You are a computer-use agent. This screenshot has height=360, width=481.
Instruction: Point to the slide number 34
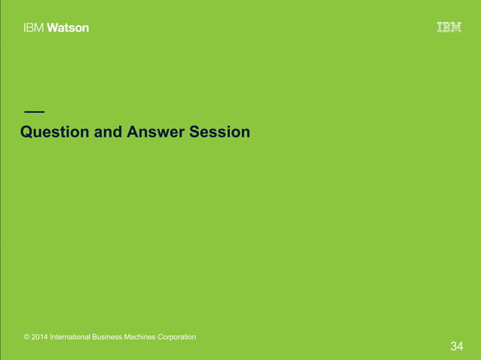456,346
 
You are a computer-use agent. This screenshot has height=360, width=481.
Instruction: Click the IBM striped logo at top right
449,28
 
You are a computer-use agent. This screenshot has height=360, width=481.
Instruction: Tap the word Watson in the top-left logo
69,28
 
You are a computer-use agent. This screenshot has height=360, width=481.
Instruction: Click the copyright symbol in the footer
27,337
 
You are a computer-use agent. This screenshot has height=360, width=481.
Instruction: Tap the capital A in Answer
133,133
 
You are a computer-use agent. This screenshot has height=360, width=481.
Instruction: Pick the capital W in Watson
54,28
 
